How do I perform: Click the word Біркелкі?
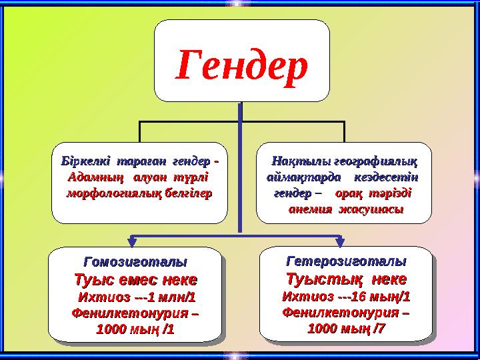tap(85, 162)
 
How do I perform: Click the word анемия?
tap(311, 210)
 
